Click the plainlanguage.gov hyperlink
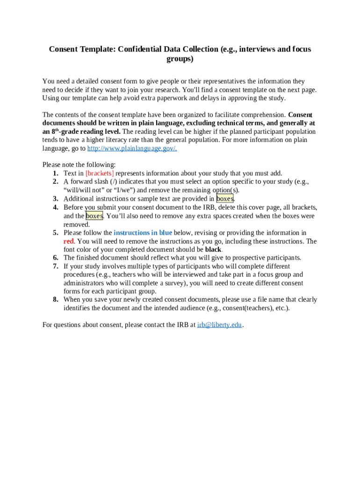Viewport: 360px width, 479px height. click(132, 148)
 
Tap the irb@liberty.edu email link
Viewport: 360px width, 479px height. click(220, 325)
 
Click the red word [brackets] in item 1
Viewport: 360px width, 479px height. click(100, 173)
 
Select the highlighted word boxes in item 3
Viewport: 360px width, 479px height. click(225, 198)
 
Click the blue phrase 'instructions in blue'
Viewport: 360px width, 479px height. click(143, 232)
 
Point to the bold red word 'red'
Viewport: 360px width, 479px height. click(69, 241)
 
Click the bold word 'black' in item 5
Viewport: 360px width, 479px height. click(213, 249)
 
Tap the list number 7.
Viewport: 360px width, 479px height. click(55, 266)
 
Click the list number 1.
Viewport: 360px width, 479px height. click(55, 173)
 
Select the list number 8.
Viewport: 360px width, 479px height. click(55, 299)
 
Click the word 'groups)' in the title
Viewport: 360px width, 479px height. click(180, 59)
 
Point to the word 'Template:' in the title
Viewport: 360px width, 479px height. click(95, 49)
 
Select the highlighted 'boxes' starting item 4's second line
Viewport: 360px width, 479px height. click(94, 216)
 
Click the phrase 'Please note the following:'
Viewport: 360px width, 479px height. click(79, 165)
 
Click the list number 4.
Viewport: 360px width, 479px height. click(55, 207)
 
